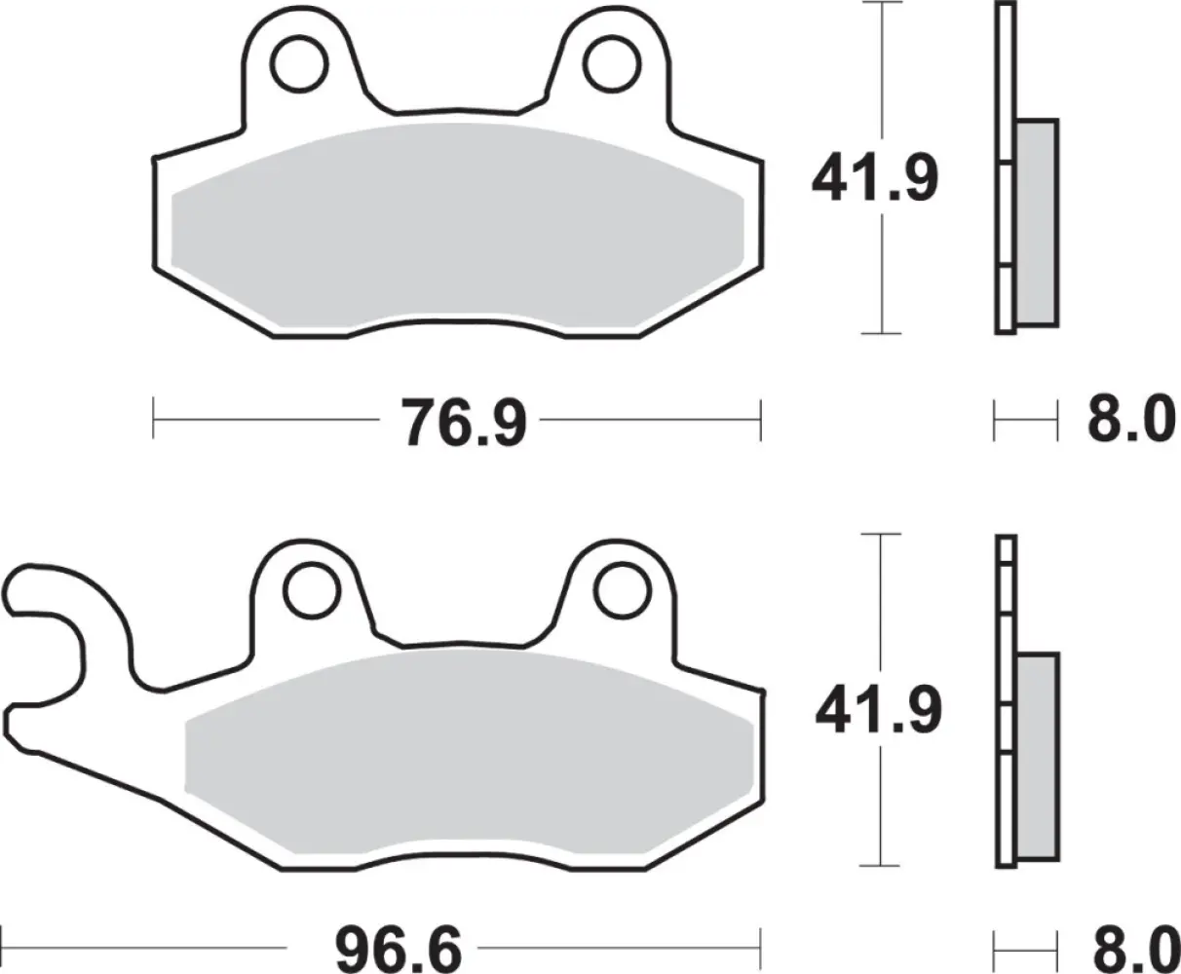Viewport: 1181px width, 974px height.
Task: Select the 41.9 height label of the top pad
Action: tap(876, 178)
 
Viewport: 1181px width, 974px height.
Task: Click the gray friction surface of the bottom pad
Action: tap(468, 750)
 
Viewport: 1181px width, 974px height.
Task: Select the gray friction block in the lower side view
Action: tap(1037, 756)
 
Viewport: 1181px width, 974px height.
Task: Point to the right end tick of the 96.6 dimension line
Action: tap(760, 945)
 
